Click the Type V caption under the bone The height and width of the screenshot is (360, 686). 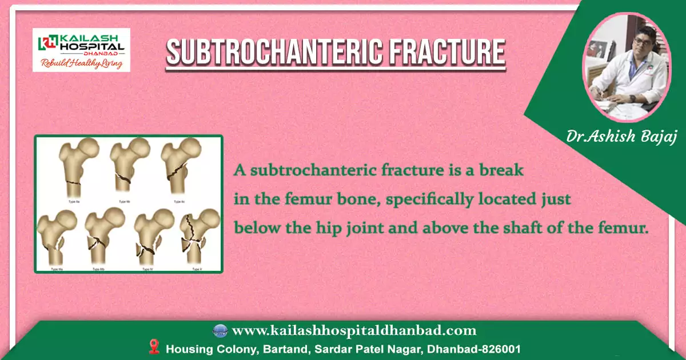coord(197,269)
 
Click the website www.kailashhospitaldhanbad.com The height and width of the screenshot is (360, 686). coord(354,330)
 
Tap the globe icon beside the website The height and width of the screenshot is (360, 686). coord(220,330)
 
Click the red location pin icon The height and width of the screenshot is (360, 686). coord(153,347)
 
